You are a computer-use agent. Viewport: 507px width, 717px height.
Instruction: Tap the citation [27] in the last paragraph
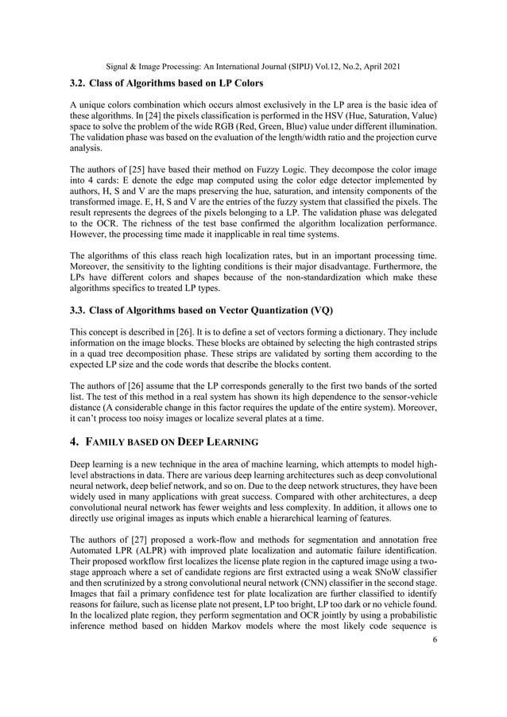[x=145, y=551]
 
